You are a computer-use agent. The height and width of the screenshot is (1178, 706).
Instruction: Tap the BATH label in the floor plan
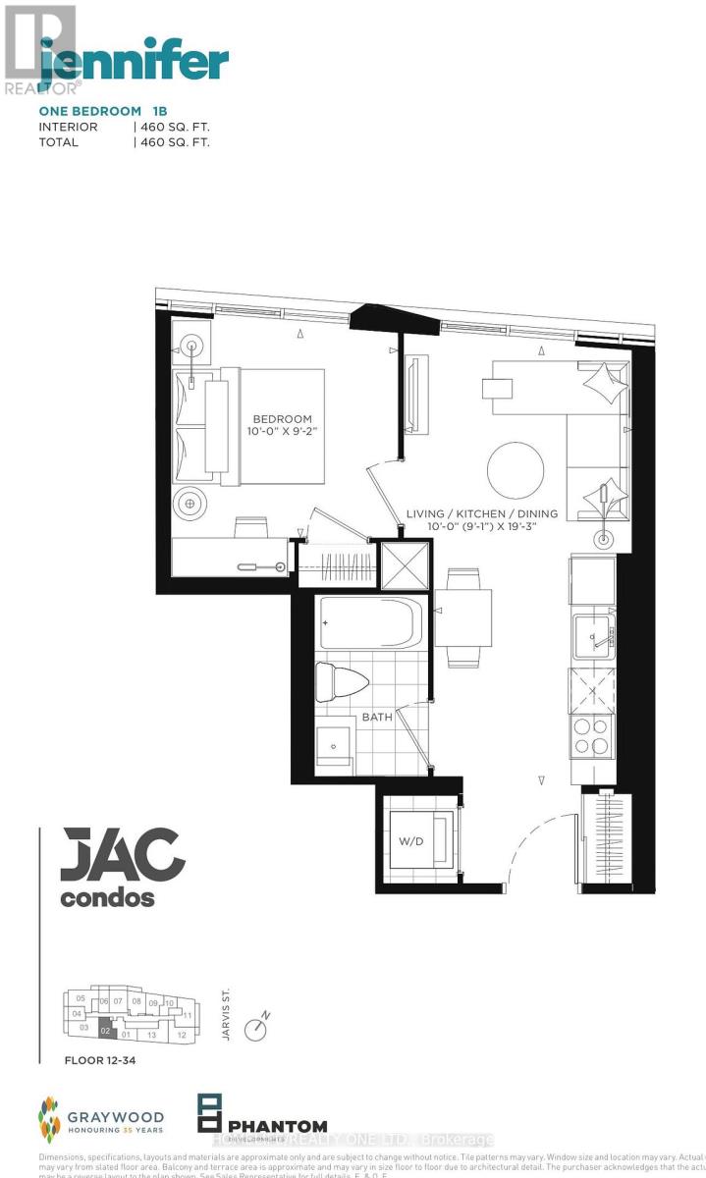point(376,717)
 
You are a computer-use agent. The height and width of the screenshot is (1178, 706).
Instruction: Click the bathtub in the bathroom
point(370,624)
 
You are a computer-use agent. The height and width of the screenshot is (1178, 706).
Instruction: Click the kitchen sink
point(593,638)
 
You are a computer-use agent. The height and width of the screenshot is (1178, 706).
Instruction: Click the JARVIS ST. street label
point(226,1020)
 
